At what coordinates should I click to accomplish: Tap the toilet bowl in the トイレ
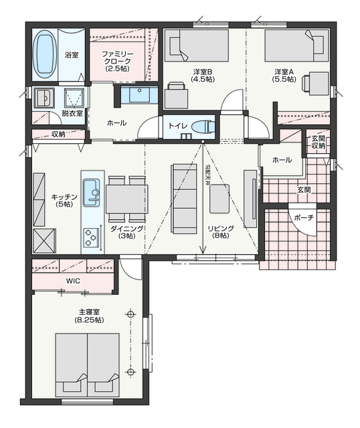[203, 126]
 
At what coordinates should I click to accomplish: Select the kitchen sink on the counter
[91, 193]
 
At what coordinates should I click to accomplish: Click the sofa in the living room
[184, 199]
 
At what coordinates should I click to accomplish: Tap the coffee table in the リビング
[219, 199]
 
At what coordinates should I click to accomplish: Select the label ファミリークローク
[118, 58]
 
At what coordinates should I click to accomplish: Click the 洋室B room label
[203, 72]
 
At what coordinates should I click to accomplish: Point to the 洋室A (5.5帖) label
[284, 76]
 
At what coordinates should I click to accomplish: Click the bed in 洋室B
[197, 45]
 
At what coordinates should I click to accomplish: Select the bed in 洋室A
[296, 45]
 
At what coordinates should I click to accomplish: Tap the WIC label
[73, 281]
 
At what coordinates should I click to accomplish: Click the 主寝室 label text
[89, 312]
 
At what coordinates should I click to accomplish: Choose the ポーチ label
[304, 217]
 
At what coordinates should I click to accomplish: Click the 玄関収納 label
[319, 142]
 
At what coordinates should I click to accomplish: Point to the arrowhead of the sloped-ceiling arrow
[203, 249]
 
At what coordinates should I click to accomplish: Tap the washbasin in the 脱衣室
[43, 98]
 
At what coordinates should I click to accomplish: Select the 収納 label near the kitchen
[58, 134]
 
